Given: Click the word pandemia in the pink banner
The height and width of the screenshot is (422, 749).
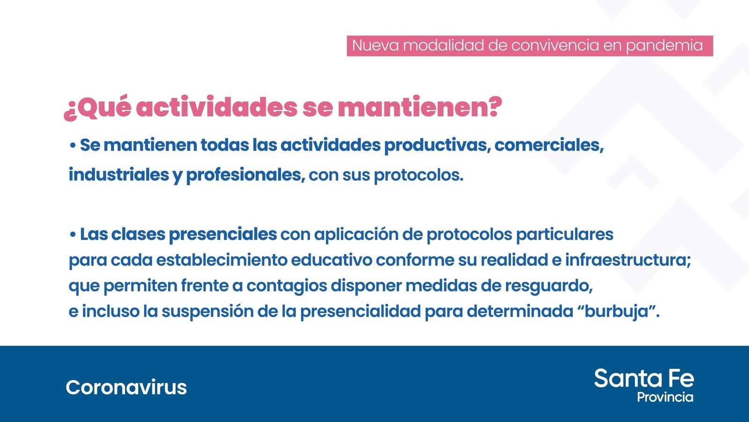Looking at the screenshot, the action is [664, 46].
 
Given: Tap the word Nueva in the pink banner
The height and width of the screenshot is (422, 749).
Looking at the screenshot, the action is [375, 45].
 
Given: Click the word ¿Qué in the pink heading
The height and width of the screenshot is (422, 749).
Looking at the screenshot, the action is [97, 108].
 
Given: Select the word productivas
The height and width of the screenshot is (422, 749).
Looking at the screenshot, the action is [437, 146].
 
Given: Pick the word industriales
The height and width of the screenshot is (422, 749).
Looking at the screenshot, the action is [119, 174].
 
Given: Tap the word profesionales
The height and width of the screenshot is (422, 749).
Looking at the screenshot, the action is [245, 175].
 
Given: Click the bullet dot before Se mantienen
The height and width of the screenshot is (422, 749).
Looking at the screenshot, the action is [73, 146].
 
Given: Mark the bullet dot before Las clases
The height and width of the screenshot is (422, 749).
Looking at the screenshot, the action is [73, 234].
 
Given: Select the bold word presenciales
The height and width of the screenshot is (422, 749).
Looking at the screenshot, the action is [223, 235].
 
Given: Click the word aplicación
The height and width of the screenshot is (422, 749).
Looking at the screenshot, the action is [356, 235].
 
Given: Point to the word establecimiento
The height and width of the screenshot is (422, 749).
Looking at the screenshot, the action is [222, 260].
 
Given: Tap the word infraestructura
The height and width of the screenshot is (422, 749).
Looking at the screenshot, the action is [628, 260].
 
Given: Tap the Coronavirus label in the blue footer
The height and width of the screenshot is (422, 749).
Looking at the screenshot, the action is [126, 387].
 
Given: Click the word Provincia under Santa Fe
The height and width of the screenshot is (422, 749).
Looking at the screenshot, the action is [665, 397].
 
